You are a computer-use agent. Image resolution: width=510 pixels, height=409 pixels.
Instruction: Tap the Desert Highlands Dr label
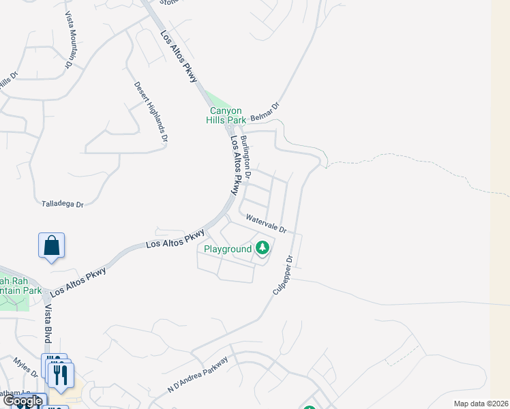(x=151, y=111)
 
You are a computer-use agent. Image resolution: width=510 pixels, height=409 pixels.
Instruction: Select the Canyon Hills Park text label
(x=225, y=115)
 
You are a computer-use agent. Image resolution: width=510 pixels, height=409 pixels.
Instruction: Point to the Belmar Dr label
(x=266, y=112)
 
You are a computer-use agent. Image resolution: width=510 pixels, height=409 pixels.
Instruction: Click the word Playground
(x=229, y=249)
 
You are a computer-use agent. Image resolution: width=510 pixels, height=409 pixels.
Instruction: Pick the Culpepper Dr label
(x=282, y=275)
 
